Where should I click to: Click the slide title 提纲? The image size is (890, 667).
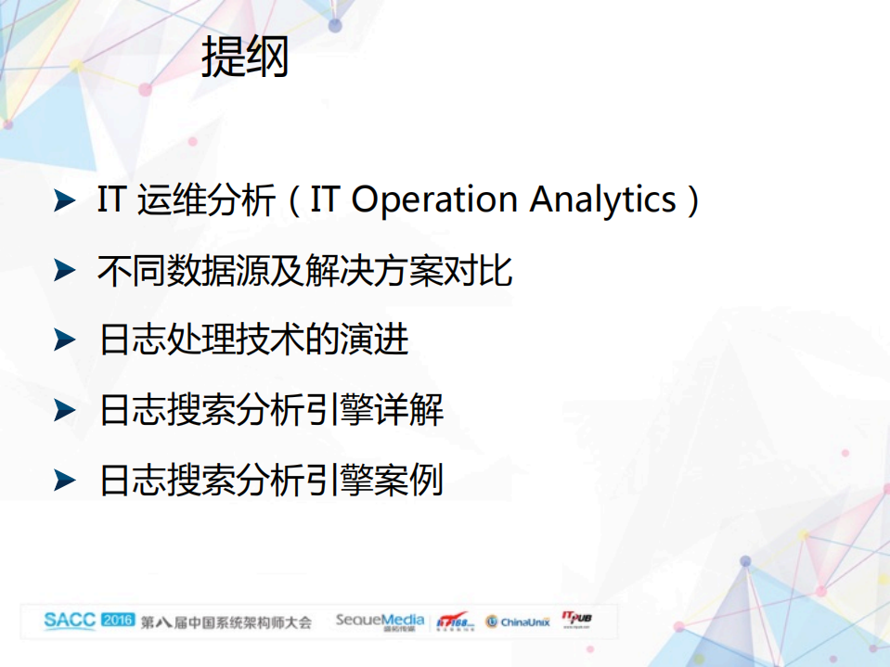(x=245, y=58)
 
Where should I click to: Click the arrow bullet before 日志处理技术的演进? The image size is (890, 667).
(x=64, y=340)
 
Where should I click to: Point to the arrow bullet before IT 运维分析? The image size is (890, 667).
(x=64, y=200)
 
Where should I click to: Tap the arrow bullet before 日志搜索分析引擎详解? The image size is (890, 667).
(x=64, y=409)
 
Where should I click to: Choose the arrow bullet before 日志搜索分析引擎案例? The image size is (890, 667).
(x=64, y=479)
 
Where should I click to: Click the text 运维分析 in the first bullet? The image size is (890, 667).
(x=205, y=200)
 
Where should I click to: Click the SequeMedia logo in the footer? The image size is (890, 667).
(x=380, y=621)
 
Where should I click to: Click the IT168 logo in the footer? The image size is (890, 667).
(x=456, y=622)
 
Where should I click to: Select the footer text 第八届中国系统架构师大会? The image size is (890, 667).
(x=226, y=621)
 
